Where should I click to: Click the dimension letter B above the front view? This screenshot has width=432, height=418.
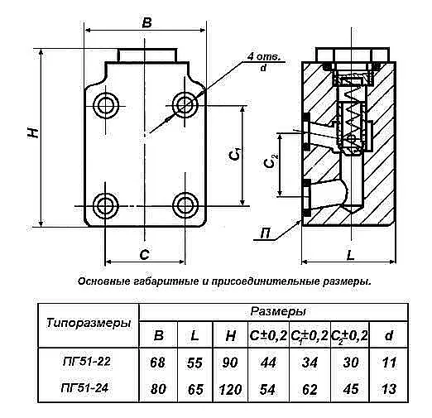[147, 22]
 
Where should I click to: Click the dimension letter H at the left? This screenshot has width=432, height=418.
[33, 132]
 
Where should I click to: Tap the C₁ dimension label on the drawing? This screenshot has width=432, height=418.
[235, 155]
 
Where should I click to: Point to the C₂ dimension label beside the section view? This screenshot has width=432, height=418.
[270, 161]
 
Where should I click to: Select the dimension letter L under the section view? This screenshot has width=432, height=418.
[350, 255]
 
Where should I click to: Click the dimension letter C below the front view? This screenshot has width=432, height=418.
[145, 254]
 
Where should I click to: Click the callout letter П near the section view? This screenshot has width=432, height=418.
[265, 234]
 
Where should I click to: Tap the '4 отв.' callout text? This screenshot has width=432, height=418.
[263, 57]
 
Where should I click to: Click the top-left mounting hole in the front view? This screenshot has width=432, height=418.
[106, 106]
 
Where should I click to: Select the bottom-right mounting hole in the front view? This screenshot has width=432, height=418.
[185, 205]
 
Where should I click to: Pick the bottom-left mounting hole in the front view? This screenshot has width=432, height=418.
[106, 205]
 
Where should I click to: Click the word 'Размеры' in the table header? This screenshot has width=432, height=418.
[278, 311]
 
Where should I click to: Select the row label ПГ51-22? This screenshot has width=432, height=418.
[87, 362]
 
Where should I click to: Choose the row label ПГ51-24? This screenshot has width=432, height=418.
[85, 388]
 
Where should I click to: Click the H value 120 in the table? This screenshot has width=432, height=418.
[231, 390]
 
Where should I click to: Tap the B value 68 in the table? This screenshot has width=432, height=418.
[158, 363]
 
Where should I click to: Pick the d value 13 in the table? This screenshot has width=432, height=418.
[389, 389]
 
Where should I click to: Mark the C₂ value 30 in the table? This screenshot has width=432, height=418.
[351, 363]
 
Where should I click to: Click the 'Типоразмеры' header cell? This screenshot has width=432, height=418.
[89, 323]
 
